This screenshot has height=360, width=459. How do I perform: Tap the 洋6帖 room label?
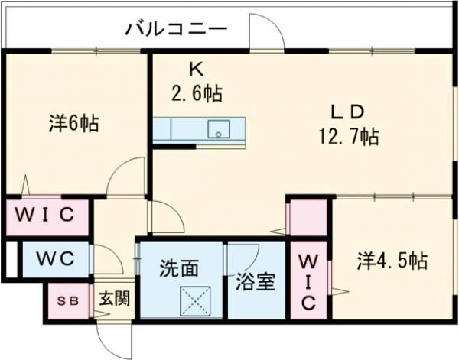click(74, 124)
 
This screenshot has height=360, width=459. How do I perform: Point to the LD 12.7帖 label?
click(348, 125)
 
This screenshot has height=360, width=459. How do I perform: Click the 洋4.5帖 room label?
click(391, 260)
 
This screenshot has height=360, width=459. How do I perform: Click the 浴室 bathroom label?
click(256, 282)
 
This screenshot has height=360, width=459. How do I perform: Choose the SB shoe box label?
click(67, 300)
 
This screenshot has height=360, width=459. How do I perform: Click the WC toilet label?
click(54, 258)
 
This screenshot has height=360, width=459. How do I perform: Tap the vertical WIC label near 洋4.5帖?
click(308, 281)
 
